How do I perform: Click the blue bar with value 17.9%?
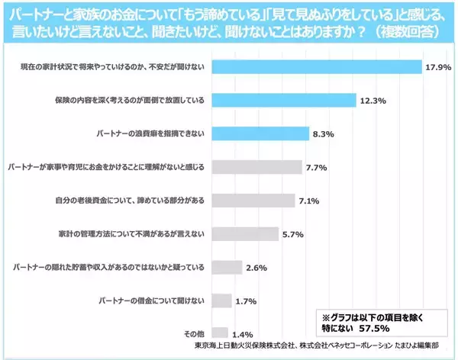pos(315,66)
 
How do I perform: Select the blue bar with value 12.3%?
pos(283,100)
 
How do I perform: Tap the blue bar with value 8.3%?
pos(260,133)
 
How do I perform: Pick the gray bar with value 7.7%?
pos(256,167)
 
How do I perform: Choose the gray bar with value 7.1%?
pos(253,201)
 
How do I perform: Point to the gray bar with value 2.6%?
pos(226,267)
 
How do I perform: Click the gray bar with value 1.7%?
pos(221,301)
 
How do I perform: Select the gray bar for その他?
pos(219,333)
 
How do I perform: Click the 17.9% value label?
pos(438,67)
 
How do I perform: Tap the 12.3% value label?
pos(373,101)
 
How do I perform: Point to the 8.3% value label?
pos(321,134)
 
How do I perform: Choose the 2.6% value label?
pos(256,268)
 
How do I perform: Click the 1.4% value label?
pos(243,334)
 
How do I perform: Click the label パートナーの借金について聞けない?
pos(150,301)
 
